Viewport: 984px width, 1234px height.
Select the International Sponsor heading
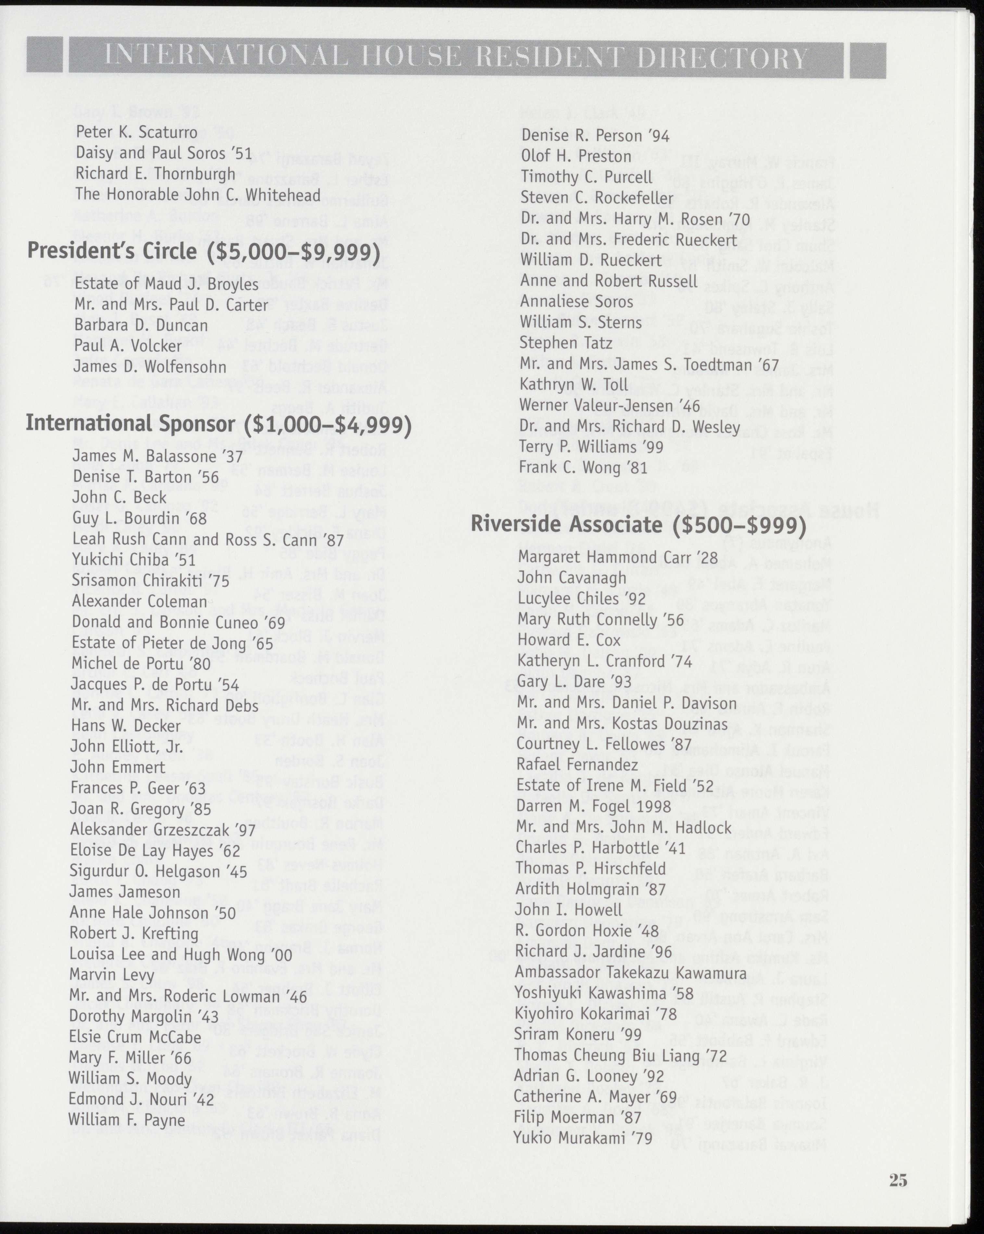pos(218,424)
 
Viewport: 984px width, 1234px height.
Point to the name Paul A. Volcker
pos(128,346)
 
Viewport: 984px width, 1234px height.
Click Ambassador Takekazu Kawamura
pos(630,973)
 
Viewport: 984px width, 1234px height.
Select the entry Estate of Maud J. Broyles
pos(166,284)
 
